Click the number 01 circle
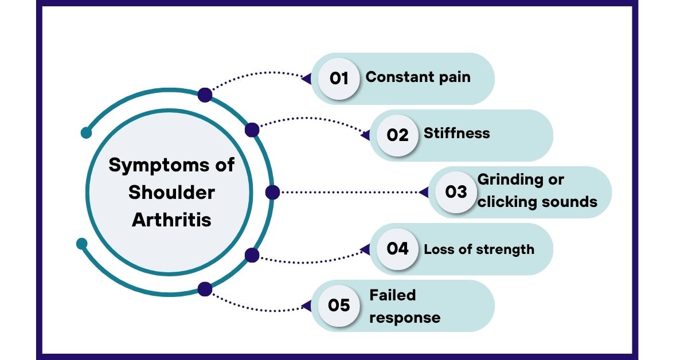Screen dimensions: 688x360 [x=339, y=79]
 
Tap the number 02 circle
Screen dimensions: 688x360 [x=397, y=135]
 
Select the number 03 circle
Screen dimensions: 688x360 [x=456, y=192]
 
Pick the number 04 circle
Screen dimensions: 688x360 [x=397, y=249]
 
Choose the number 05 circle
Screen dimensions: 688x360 [x=339, y=306]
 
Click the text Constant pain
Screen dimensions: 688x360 [x=418, y=77]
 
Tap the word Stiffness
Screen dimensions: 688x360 [x=457, y=134]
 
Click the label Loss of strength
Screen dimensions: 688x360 [x=479, y=249]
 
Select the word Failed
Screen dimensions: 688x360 [x=393, y=295]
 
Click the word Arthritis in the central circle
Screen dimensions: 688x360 [x=171, y=220]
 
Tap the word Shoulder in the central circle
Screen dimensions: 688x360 [x=171, y=193]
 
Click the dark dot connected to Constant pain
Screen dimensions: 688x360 [x=205, y=95]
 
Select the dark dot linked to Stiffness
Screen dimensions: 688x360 [x=252, y=130]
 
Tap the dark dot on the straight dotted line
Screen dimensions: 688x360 [x=272, y=193]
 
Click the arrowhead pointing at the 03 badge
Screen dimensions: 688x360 [x=424, y=193]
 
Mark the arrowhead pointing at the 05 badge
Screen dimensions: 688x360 [x=307, y=306]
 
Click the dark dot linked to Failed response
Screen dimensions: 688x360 [x=205, y=289]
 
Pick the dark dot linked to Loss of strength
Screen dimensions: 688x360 [x=252, y=255]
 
